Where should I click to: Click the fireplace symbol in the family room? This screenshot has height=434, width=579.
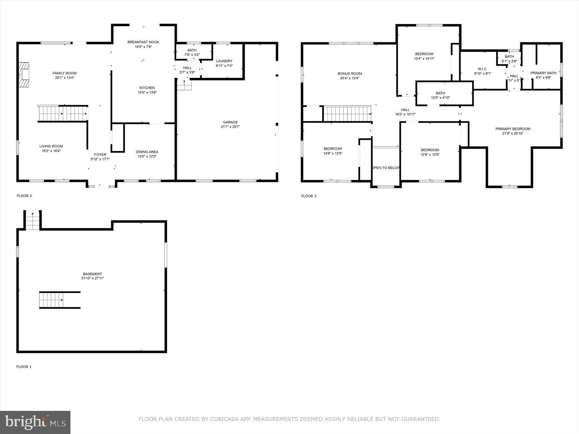point(24,75)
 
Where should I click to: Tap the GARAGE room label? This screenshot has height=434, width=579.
point(230,122)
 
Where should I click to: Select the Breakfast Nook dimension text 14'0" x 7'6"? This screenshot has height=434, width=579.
point(143,47)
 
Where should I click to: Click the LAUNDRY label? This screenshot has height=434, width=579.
point(224,61)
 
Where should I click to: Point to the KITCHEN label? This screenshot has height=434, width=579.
point(147,88)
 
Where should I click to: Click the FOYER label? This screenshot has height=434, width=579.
point(100,155)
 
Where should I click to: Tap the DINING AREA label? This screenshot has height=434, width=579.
point(147,152)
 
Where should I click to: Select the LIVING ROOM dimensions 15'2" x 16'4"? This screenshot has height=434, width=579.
point(51,151)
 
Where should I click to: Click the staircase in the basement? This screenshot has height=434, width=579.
point(51,300)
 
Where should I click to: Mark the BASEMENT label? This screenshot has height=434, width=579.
point(93,274)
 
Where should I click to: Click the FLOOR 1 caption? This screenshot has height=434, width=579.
point(24,367)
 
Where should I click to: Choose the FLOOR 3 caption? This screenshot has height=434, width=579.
point(309,196)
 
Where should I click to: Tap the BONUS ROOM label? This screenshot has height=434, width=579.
point(350,74)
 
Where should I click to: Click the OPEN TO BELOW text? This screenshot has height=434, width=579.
point(386,168)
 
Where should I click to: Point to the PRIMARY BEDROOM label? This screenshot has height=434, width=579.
point(513,129)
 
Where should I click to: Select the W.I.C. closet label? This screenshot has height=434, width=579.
point(482,69)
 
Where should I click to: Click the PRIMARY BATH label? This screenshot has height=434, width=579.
point(543,73)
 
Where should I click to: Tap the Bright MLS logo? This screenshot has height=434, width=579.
point(35,422)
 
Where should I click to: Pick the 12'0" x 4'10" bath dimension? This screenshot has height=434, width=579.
point(440,98)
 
